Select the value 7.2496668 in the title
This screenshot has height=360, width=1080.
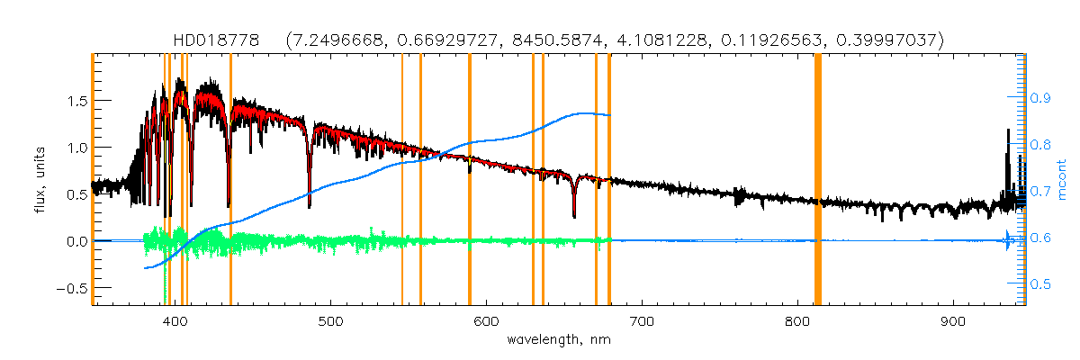pos(338,40)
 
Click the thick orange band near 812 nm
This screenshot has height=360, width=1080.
pos(818,180)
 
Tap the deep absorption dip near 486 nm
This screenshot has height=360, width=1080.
pos(310,202)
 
